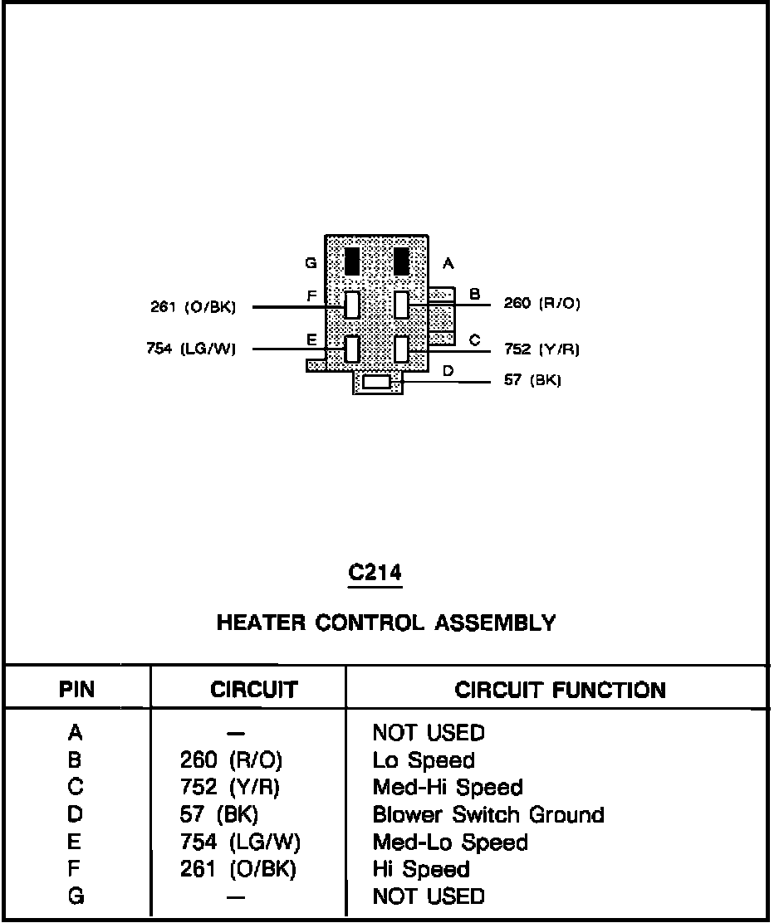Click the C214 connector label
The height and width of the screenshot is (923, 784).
(375, 573)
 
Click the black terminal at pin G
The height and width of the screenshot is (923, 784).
(351, 261)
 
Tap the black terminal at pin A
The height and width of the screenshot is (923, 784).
(402, 261)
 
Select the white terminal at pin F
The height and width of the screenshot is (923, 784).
(352, 305)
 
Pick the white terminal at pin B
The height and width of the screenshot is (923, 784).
(403, 305)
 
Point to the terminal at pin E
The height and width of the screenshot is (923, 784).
(352, 349)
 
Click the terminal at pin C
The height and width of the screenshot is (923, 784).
(403, 349)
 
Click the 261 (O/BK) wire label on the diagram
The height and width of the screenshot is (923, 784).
(193, 308)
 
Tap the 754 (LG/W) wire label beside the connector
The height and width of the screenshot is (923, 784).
(191, 349)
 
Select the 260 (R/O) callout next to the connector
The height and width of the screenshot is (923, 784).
(541, 304)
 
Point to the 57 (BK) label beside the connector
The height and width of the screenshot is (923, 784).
(532, 381)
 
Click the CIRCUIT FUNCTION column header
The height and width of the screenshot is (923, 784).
(560, 690)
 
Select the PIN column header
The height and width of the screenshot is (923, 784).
(76, 690)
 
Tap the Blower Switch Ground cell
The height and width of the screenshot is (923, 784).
(488, 815)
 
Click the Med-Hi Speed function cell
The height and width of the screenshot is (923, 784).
(448, 788)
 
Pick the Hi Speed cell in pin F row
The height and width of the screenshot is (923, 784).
(421, 869)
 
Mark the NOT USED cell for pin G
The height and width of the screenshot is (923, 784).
(428, 896)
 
